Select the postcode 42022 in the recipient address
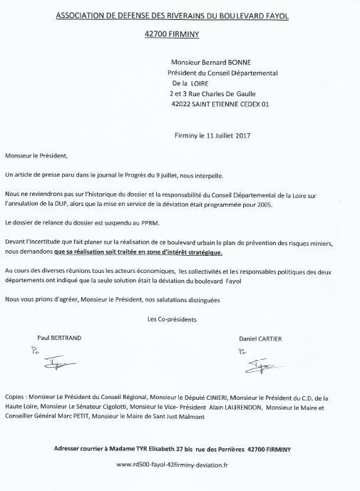185,103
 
